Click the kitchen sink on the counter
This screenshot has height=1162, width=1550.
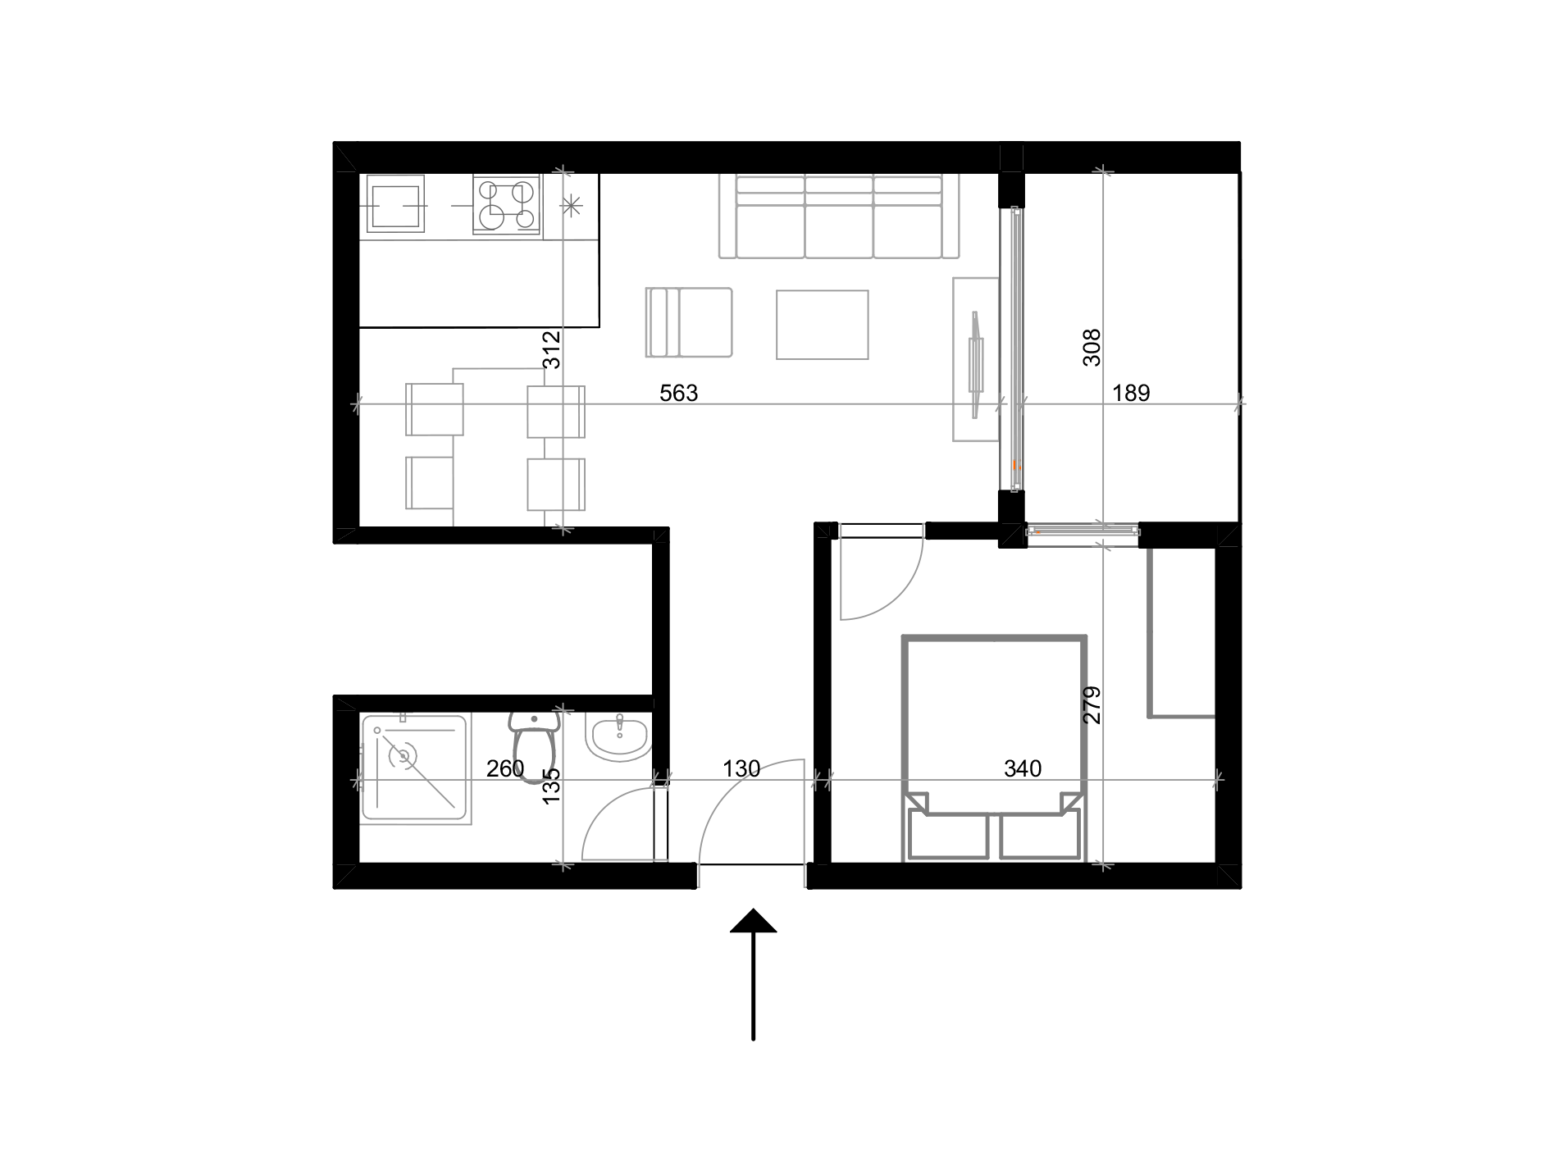(x=394, y=203)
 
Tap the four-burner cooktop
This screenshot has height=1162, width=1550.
(x=506, y=204)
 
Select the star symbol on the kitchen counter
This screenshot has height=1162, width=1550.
(x=572, y=205)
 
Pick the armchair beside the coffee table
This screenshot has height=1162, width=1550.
(x=689, y=322)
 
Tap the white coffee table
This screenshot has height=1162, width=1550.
(x=822, y=324)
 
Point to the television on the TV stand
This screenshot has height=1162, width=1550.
(x=975, y=364)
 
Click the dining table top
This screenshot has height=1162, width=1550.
(x=498, y=447)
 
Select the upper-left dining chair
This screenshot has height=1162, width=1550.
(x=434, y=409)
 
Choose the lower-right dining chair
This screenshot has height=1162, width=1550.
(x=556, y=484)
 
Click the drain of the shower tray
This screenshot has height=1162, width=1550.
(x=403, y=755)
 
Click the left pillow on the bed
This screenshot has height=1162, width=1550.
(x=948, y=836)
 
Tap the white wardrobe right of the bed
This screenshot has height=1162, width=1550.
(x=1181, y=633)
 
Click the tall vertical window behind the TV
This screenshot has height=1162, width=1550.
(x=1012, y=349)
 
